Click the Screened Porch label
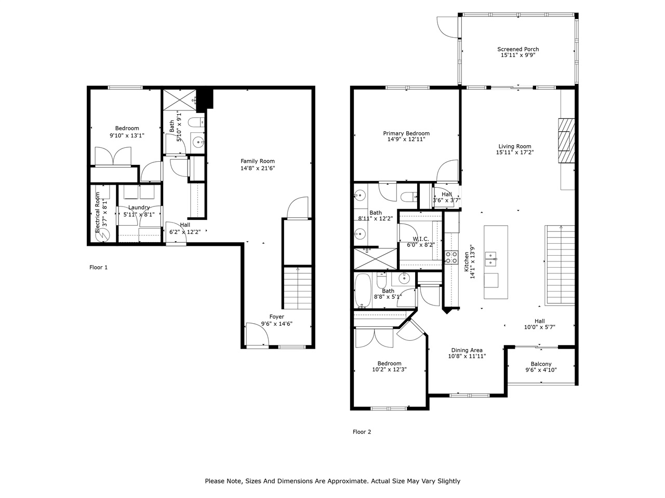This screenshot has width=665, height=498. [x=517, y=49]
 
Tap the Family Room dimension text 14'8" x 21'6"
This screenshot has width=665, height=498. [x=257, y=168]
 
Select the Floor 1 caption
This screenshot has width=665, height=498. [x=98, y=268]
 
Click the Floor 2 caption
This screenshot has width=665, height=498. [x=362, y=432]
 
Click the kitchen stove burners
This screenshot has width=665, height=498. [x=451, y=257]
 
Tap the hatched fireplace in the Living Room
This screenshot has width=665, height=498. [x=567, y=142]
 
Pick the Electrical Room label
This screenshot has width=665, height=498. [x=97, y=212]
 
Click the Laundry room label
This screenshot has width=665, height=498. [x=139, y=208]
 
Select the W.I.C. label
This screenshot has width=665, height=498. [x=420, y=239]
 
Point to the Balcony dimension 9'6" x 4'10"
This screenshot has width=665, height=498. [x=541, y=370]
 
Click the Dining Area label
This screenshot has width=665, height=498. [x=467, y=350]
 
